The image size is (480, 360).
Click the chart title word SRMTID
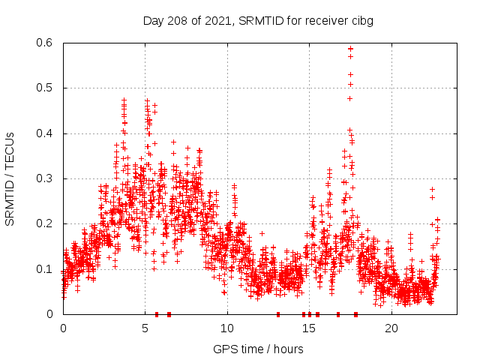[x=259, y=20]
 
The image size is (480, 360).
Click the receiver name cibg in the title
[x=360, y=20]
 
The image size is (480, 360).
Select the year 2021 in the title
[x=219, y=20]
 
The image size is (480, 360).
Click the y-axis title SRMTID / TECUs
[x=10, y=178]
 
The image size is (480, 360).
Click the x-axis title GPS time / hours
[x=258, y=349]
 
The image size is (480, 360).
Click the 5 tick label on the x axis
[x=145, y=328]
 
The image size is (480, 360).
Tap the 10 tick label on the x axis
[x=227, y=328]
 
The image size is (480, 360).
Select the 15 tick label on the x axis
[x=309, y=328]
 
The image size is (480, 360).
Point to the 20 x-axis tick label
[x=391, y=328]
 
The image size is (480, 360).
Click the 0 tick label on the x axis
[x=63, y=328]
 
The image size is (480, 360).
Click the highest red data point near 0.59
[x=350, y=49]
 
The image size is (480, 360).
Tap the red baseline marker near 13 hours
[x=278, y=314]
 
